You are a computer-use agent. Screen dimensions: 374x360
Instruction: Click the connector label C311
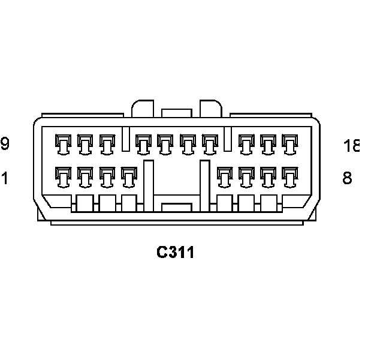[176, 253]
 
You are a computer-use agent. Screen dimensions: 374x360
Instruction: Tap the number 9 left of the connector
[5, 144]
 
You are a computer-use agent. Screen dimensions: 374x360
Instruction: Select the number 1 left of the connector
[5, 178]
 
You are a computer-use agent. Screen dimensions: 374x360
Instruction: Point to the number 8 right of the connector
[347, 178]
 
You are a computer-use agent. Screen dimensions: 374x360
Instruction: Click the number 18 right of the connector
[352, 145]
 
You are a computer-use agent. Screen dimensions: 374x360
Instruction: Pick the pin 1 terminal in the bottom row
[62, 176]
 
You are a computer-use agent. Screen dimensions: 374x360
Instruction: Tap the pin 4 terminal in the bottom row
[129, 176]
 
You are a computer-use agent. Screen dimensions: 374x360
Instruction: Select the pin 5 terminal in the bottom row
[224, 176]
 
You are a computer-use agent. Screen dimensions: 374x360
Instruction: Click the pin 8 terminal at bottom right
[290, 176]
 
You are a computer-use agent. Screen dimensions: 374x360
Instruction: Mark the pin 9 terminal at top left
[62, 143]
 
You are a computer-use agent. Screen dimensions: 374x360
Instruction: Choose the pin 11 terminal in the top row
[107, 143]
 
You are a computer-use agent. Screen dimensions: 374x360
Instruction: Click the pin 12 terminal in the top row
[143, 143]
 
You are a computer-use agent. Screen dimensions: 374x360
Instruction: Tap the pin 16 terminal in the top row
[246, 143]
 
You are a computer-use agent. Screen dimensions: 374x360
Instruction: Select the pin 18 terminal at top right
[290, 143]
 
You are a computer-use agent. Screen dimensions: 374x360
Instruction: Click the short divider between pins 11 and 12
[125, 139]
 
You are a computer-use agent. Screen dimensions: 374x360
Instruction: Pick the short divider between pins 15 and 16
[228, 139]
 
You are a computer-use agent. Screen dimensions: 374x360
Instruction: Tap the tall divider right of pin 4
[148, 185]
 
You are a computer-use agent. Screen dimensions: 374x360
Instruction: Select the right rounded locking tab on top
[210, 109]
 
